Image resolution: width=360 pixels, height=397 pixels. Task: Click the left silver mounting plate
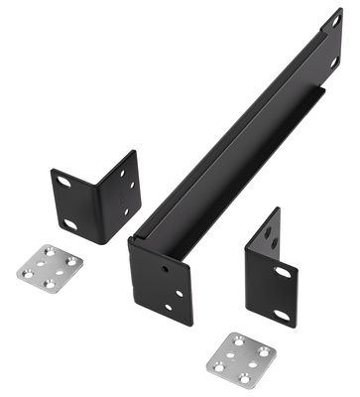[50, 265]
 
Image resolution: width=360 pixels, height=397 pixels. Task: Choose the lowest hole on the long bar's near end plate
[169, 308]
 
